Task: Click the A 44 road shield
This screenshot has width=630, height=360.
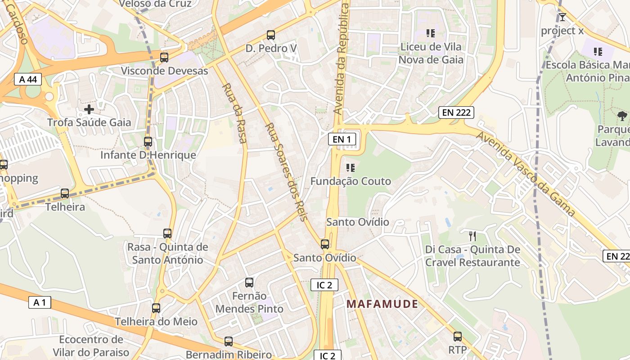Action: coord(28,80)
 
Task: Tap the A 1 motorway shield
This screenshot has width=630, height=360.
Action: coord(40,302)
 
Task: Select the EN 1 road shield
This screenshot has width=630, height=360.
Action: coord(342,139)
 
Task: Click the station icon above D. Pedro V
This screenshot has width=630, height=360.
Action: coord(270,35)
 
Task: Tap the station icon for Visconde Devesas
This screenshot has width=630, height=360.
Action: coord(164,58)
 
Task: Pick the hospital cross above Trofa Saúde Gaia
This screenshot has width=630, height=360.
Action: coord(89,109)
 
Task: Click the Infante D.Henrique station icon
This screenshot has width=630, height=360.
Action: coord(148,142)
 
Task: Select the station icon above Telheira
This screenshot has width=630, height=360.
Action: coord(65,193)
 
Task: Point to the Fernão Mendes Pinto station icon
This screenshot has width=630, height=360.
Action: coord(249,283)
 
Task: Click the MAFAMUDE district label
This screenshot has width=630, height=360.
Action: coord(382,304)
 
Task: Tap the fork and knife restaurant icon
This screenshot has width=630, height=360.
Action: coord(472,236)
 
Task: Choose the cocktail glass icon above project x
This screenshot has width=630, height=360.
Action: coord(562,17)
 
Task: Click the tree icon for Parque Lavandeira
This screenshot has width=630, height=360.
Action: coord(622,116)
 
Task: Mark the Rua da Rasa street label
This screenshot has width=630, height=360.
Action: coord(235,113)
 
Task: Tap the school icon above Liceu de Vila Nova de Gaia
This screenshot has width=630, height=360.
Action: coord(431,33)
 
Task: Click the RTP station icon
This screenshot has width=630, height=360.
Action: coord(458,337)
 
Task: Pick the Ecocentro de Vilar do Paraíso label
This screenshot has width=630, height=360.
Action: coord(91,346)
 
